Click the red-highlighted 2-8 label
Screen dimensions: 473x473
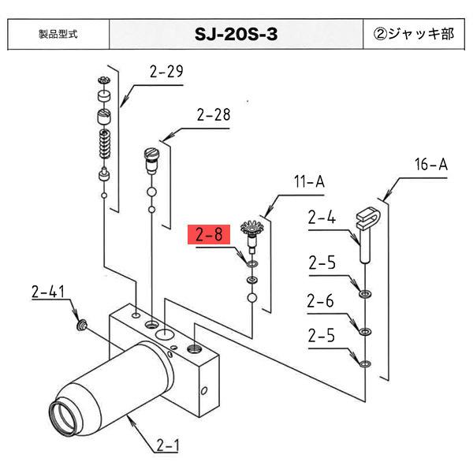click(x=209, y=235)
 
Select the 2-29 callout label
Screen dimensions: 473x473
click(x=166, y=73)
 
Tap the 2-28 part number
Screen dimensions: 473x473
click(x=214, y=115)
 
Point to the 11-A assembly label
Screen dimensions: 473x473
click(x=309, y=182)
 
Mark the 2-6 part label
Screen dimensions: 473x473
click(x=322, y=300)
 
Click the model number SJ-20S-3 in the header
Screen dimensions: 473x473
click(x=236, y=35)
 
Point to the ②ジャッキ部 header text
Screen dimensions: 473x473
click(x=415, y=35)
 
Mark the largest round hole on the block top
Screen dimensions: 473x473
click(x=165, y=335)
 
